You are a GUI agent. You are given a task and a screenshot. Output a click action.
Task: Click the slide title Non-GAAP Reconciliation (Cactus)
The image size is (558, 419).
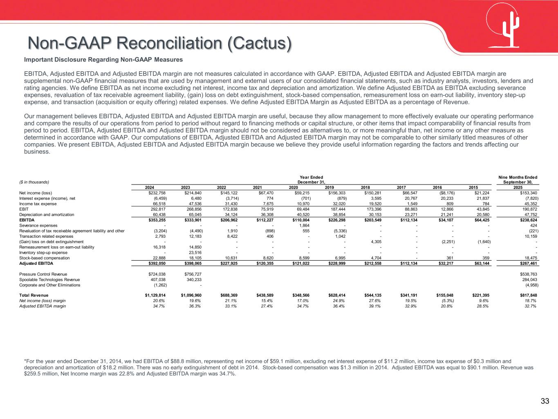pyautogui.click(x=159, y=43)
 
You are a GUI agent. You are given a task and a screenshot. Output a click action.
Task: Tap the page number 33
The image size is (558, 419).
pyautogui.click(x=545, y=401)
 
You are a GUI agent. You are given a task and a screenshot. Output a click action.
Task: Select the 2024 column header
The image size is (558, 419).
pyautogui.click(x=150, y=187)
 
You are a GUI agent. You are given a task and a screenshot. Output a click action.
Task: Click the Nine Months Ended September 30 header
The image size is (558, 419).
pyautogui.click(x=518, y=180)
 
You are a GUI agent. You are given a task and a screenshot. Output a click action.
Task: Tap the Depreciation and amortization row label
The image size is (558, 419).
pyautogui.click(x=47, y=214)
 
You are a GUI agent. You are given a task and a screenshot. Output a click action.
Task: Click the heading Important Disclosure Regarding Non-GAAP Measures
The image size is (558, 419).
pyautogui.click(x=103, y=60)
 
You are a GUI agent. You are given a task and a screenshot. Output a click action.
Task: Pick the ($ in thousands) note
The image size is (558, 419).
pyautogui.click(x=34, y=182)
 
